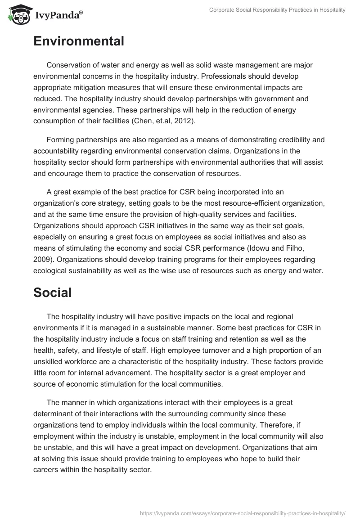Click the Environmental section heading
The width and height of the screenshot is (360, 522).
pyautogui.click(x=78, y=41)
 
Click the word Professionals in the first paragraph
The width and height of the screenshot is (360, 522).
pyautogui.click(x=234, y=76)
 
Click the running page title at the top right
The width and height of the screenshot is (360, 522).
pyautogui.click(x=277, y=10)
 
